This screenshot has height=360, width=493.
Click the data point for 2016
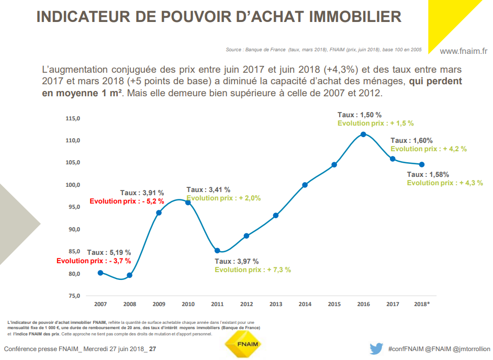coord(363,134)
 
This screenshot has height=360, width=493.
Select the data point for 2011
coord(217,251)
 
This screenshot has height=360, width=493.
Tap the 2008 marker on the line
coord(130,275)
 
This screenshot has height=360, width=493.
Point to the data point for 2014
coord(305,185)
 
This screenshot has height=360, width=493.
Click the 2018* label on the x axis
coord(422,304)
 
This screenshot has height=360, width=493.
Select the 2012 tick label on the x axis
coord(246,304)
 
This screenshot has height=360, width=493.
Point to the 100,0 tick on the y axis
coord(73,185)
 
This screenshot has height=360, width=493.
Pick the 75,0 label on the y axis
coord(73,296)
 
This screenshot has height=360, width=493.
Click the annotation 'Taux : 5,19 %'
coord(109,252)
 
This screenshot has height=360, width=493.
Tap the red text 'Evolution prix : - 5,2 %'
coord(127,201)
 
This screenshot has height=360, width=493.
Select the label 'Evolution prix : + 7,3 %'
coord(252,270)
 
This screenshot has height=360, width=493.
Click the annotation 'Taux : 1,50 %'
coord(360,115)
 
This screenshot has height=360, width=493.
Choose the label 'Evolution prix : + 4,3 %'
coord(445,183)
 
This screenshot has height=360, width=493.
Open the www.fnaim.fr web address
coord(463,51)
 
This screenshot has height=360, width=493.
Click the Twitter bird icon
coord(376,348)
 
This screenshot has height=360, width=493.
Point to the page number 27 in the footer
coord(153,349)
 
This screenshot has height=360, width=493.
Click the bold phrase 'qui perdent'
coord(435,82)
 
